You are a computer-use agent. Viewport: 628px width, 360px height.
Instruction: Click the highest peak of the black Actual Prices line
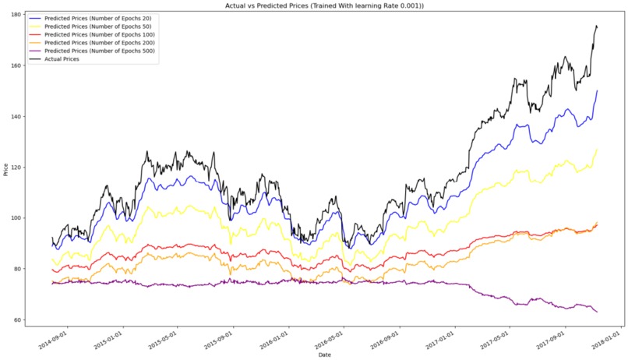[596, 26]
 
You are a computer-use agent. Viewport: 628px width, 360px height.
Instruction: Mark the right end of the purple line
[598, 312]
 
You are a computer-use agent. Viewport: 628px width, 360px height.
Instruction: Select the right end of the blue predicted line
[598, 90]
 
